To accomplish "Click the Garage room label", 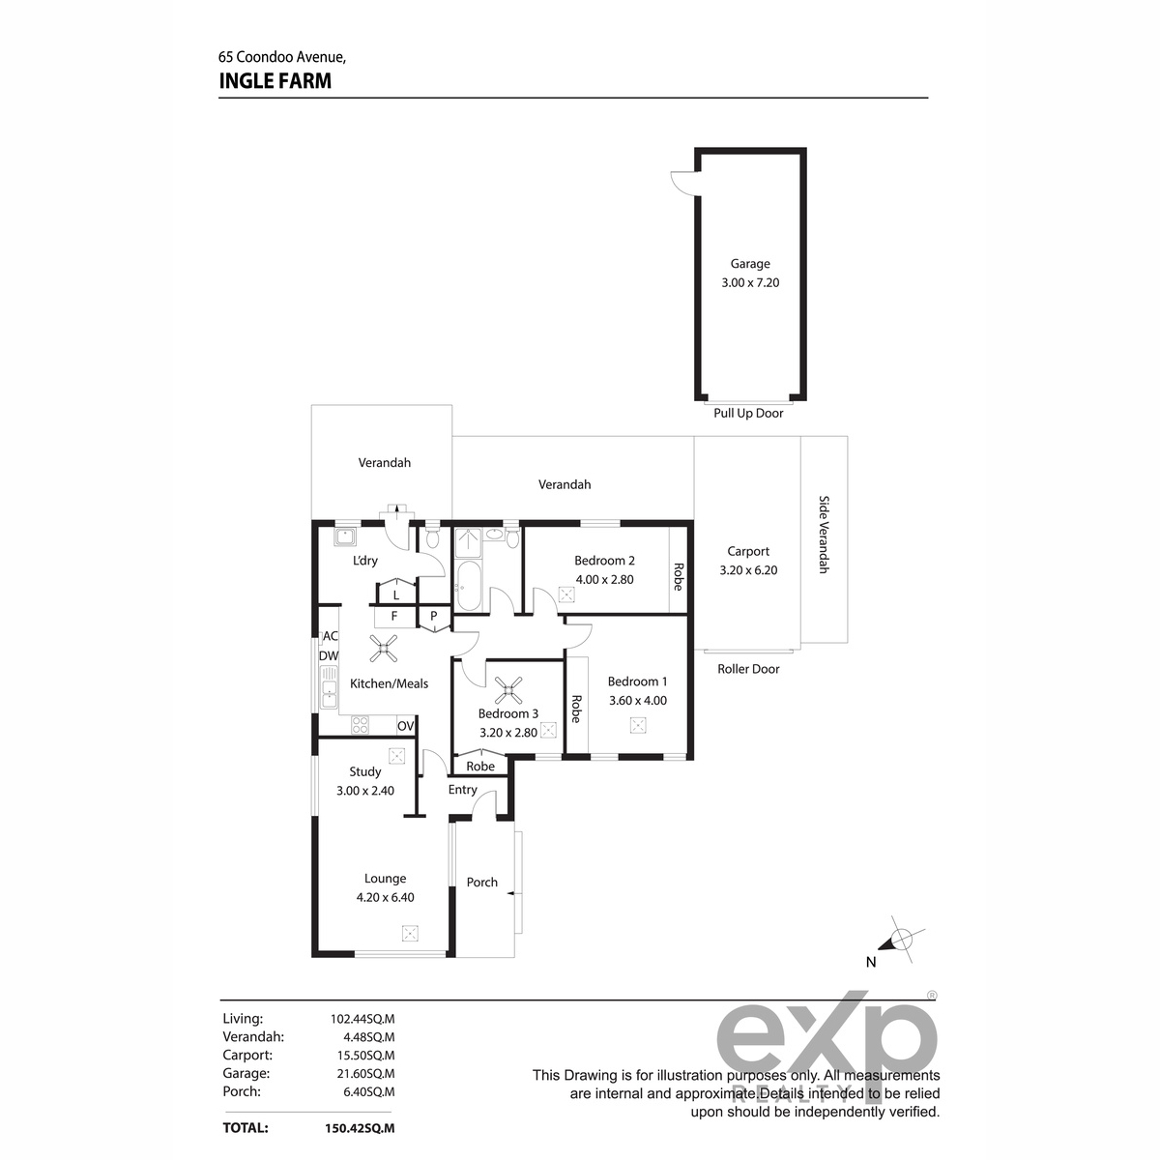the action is point(750,264).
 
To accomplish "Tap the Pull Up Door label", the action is point(748,413).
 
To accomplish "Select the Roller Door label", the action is point(748,669).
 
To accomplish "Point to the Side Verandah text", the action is point(825,534).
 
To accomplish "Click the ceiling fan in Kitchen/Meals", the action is point(384,649).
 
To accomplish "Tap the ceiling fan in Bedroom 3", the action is point(508,690).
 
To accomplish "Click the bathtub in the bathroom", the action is point(468,586).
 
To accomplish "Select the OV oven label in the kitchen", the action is point(406,726).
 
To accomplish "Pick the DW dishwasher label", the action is point(329,655).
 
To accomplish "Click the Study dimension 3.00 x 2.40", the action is point(365,791).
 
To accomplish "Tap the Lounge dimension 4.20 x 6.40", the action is point(386,897).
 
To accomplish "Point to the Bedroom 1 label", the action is point(637,681).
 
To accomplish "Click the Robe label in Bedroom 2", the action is point(679,577).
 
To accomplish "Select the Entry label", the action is point(463,790).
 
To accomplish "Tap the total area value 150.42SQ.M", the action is point(360,1128).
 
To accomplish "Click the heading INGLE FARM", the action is point(275,80).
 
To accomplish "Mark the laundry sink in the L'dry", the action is point(345,536).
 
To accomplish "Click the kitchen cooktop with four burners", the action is point(360,725).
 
